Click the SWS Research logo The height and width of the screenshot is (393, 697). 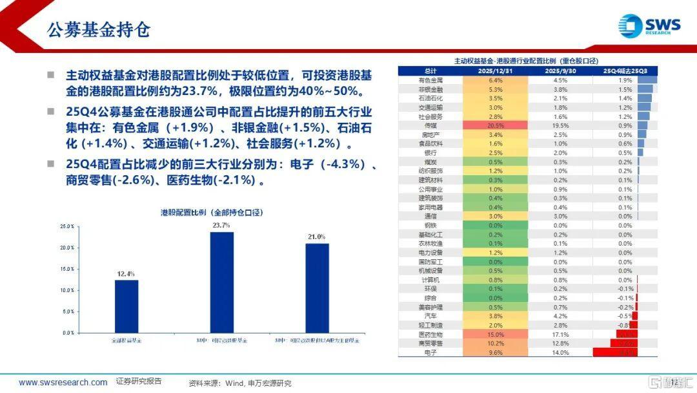pyautogui.click(x=648, y=25)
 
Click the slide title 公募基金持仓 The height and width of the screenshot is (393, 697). pyautogui.click(x=99, y=30)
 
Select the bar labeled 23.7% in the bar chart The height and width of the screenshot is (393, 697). pyautogui.click(x=221, y=282)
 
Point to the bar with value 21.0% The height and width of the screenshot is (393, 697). pyautogui.click(x=317, y=288)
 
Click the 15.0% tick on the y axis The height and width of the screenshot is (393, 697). pyautogui.click(x=67, y=269)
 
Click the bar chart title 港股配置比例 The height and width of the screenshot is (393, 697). pyautogui.click(x=212, y=212)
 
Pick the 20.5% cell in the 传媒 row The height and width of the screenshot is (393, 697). pyautogui.click(x=496, y=125)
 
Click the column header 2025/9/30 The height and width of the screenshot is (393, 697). pyautogui.click(x=560, y=71)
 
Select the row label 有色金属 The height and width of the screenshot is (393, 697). pyautogui.click(x=430, y=80)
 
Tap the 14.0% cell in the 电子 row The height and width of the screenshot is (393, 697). pyautogui.click(x=560, y=352)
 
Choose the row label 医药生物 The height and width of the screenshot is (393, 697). pyautogui.click(x=430, y=334)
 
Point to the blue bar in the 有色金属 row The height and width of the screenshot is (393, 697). pyautogui.click(x=647, y=80)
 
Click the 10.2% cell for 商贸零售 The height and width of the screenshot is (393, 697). pyautogui.click(x=496, y=343)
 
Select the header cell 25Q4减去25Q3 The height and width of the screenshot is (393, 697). pyautogui.click(x=625, y=71)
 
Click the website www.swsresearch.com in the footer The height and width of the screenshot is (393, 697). pyautogui.click(x=63, y=382)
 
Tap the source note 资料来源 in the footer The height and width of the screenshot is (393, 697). pyautogui.click(x=240, y=383)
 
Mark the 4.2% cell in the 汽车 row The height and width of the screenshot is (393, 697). pyautogui.click(x=560, y=316)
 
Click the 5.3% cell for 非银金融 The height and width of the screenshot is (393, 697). pyautogui.click(x=496, y=89)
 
